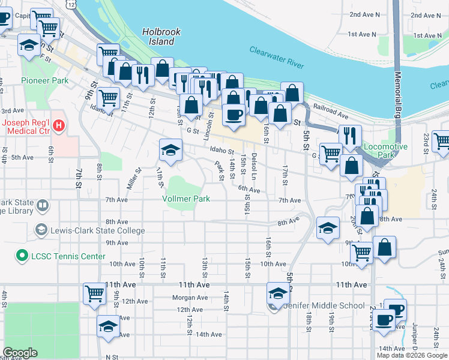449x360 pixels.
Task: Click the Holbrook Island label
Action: coord(158,37)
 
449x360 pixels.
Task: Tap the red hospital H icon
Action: coord(59,125)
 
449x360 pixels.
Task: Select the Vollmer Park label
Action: coord(186,199)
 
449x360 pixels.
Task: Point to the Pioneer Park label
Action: coord(44,80)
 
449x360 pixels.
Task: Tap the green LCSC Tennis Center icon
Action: coord(23,256)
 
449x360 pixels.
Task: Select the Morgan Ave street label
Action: coord(190,298)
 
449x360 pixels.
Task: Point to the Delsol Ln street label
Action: coord(255,165)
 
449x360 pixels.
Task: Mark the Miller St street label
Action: coord(134,178)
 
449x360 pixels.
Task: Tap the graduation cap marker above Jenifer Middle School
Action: coord(278,293)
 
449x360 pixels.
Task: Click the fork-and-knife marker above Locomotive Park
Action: coord(350,136)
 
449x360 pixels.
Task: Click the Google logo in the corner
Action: coord(20,353)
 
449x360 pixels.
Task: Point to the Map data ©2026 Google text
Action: coord(411,355)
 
